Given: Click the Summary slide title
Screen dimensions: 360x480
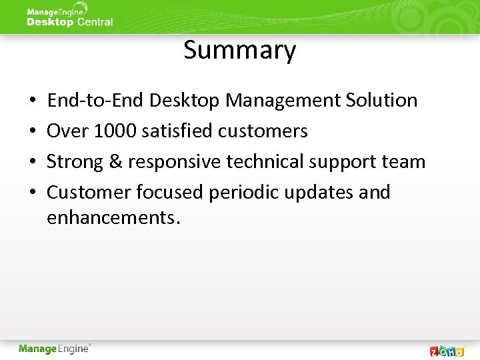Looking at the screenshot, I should point(240,51).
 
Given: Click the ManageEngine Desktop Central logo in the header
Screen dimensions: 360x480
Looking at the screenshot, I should point(69,16).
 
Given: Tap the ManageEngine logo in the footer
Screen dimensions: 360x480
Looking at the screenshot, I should point(55,349).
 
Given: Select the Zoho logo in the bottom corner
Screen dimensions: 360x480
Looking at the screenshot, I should point(447,351).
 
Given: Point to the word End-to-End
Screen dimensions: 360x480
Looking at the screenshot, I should point(96,101).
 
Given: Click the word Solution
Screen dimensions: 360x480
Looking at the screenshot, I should point(381,101).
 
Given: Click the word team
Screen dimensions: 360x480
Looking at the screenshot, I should point(404,162).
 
